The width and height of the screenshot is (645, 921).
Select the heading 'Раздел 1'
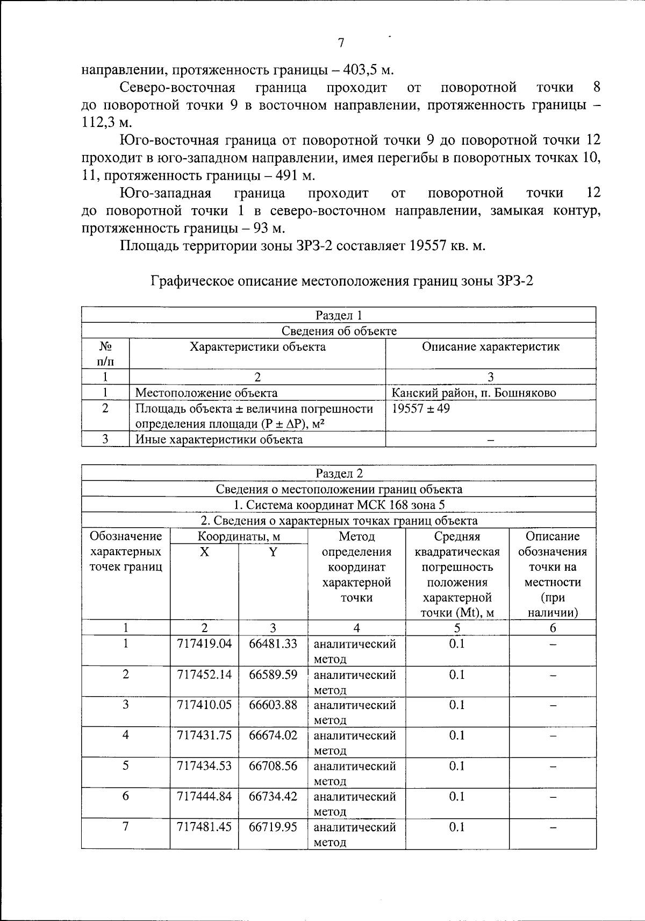339,315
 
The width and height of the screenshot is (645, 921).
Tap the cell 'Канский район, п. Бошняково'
474,393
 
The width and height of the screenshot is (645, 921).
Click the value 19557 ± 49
421,408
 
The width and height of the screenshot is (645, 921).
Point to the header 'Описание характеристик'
490,347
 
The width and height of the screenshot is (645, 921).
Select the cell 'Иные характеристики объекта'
219,440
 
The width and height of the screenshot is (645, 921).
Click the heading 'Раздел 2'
339,473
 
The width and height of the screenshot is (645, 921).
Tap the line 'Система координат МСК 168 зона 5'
339,505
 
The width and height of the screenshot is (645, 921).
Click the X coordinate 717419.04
204,644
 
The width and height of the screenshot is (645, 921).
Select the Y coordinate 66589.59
273,675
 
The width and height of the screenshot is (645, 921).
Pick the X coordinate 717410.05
204,705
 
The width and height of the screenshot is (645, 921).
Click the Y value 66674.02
273,735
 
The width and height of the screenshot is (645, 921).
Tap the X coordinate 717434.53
204,766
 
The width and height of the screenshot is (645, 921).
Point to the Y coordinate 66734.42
273,796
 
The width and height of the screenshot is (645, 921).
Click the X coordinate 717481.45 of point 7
204,827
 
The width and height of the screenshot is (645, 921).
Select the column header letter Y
273,552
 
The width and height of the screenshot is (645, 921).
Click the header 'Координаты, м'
239,536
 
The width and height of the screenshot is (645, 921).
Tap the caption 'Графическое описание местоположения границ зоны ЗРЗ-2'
342,281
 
